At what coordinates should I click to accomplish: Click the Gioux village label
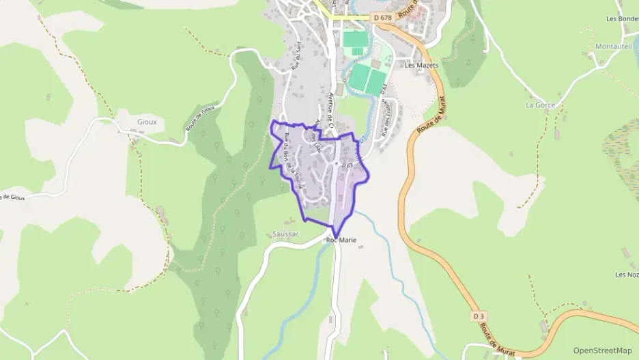(x=146, y=122)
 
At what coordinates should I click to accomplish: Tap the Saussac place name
(x=285, y=234)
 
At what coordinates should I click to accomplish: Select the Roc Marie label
(x=341, y=240)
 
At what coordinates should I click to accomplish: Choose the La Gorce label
(x=540, y=105)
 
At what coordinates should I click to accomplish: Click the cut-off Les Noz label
(x=627, y=275)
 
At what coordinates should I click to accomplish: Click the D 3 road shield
(x=479, y=316)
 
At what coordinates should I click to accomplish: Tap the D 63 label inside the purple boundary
(x=347, y=165)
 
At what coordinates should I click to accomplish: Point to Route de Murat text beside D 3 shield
(x=496, y=338)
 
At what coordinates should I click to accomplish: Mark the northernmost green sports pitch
(x=354, y=40)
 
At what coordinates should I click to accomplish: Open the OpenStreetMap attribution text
(x=602, y=350)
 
